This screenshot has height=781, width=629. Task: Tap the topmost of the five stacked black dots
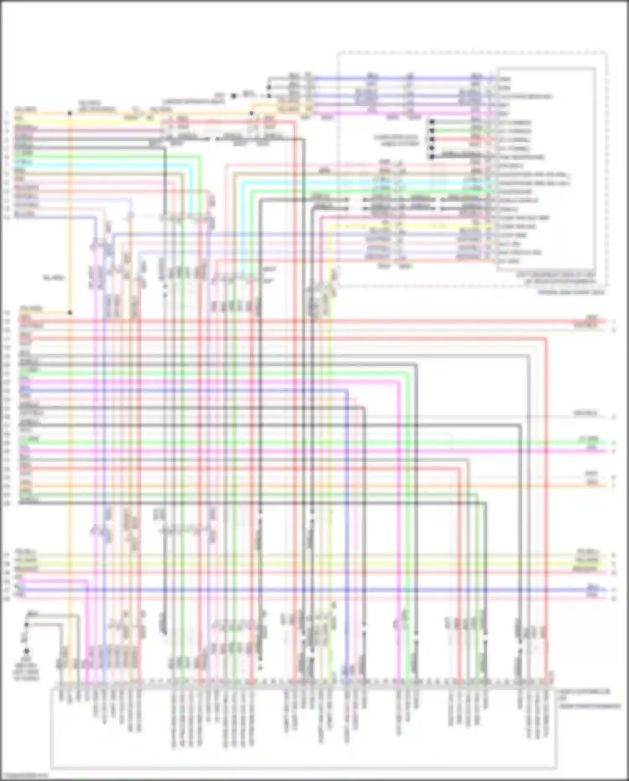coord(431,122)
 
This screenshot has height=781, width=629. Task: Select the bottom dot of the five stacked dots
coord(431,157)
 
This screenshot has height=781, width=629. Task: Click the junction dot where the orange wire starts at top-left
coord(70,113)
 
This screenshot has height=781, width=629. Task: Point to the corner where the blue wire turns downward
coord(348,391)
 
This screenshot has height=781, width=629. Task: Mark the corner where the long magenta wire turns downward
coord(398,382)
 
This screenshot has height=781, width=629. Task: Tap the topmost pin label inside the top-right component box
coord(505,79)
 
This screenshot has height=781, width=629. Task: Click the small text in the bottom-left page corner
coord(23,776)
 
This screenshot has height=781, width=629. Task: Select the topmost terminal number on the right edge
coord(613,321)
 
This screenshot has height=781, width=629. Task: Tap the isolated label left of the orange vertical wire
coord(53,278)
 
